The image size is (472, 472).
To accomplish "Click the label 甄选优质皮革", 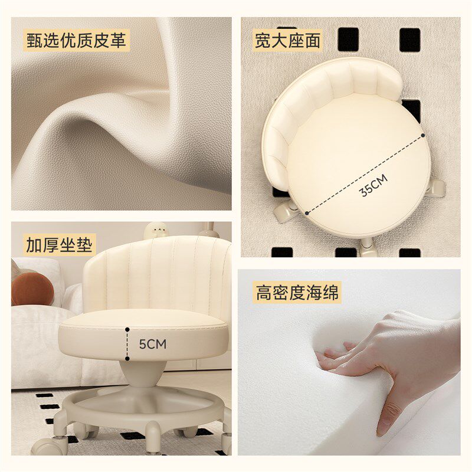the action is click(x=77, y=40).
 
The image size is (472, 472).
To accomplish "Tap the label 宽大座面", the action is click(x=287, y=40).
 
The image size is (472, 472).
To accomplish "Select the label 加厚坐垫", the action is click(x=60, y=244).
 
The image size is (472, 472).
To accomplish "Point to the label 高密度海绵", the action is click(x=297, y=292).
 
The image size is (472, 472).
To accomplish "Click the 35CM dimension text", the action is click(x=374, y=185).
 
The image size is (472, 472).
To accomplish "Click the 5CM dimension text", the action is click(x=153, y=345).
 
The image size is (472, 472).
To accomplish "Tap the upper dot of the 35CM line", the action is click(x=423, y=136).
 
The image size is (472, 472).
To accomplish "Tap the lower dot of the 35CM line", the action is click(x=307, y=213).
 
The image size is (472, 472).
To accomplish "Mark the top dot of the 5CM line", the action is click(x=127, y=330).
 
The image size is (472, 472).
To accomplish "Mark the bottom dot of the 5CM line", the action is click(x=127, y=359).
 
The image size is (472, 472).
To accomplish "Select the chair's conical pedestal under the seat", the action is click(x=143, y=373).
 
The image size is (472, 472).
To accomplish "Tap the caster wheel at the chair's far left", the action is click(x=48, y=447).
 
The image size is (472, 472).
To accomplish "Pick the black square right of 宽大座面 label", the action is click(x=348, y=39).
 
